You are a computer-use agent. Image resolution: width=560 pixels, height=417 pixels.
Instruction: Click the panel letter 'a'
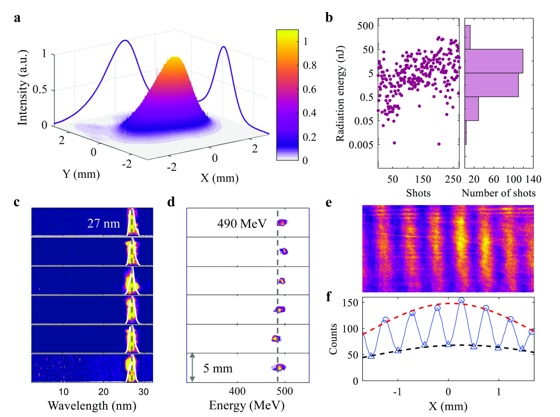point(18,19)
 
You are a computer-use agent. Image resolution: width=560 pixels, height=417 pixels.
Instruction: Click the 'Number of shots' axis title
point(498,193)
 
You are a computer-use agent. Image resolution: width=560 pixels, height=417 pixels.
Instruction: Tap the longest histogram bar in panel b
point(494,61)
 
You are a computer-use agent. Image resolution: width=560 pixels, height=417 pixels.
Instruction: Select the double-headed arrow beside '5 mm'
point(192,368)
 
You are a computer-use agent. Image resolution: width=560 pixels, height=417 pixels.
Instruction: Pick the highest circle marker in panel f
point(461,301)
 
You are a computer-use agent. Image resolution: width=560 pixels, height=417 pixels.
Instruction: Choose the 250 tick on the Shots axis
point(453,180)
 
